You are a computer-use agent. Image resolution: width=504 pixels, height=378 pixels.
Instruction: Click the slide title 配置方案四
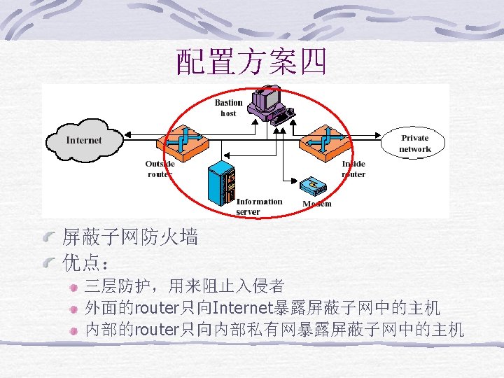click(x=251, y=63)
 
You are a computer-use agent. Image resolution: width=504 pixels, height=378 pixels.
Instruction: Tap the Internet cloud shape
click(x=83, y=140)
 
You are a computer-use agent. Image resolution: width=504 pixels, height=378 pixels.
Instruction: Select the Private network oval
click(x=414, y=143)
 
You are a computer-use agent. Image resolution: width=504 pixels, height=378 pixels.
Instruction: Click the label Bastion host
click(x=228, y=108)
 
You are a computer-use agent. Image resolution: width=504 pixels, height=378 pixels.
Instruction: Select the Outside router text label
click(x=160, y=169)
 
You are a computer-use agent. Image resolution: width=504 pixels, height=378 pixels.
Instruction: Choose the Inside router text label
click(x=353, y=169)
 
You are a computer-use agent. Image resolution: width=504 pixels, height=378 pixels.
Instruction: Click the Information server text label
click(x=258, y=206)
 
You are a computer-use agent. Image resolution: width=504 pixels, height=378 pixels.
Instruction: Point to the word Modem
click(x=316, y=204)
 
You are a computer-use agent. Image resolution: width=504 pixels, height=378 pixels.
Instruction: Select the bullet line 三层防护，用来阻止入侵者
click(x=184, y=286)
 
